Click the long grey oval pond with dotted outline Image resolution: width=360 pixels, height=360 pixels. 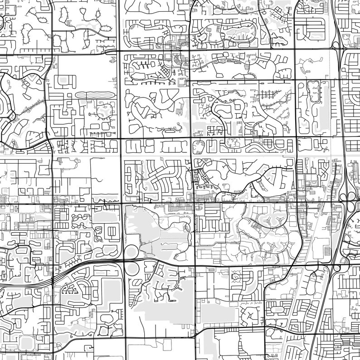(x=94, y=95)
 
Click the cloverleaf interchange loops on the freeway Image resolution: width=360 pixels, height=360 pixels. (x=350, y=196)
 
